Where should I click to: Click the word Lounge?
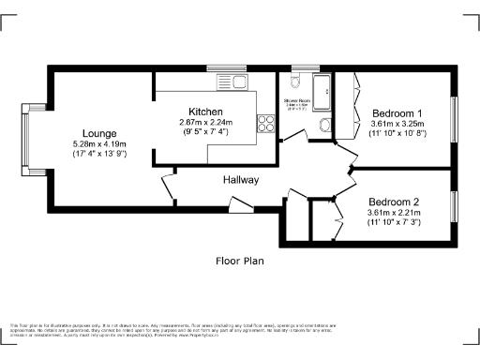98,132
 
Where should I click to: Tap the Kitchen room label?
205,112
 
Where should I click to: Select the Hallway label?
241,179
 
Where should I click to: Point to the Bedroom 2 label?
394,202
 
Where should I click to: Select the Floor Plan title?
241,261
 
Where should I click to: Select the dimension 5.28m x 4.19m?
98,143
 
